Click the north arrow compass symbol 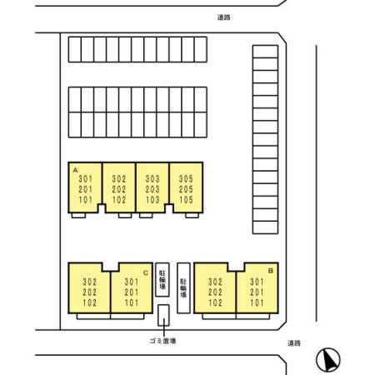(328, 360)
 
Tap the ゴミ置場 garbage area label (162, 341)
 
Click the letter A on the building (75, 170)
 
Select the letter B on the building (271, 271)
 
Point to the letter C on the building (146, 273)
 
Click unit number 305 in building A (186, 178)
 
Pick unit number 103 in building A (152, 200)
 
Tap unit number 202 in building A (119, 189)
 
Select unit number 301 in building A (85, 178)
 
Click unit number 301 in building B (257, 282)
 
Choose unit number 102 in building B (215, 302)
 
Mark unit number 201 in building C (132, 292)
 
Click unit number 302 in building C (90, 282)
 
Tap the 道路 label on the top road (224, 17)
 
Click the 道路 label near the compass (294, 343)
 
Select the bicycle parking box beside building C (162, 279)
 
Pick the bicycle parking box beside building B (183, 288)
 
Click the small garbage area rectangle (163, 315)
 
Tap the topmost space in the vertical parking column (265, 52)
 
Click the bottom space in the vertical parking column (265, 227)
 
